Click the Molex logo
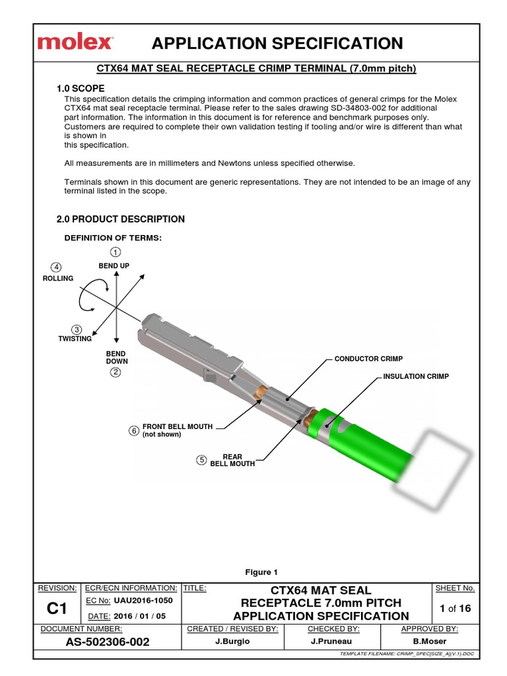coord(74,43)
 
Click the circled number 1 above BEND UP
coord(116,253)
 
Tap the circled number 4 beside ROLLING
coord(57,267)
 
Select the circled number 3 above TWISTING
coord(77,329)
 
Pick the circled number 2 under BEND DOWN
coord(116,372)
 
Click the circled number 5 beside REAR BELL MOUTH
coord(202,459)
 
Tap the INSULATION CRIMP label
coord(416,376)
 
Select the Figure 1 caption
coord(262,572)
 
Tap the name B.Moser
coord(430,642)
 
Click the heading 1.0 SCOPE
coord(81,88)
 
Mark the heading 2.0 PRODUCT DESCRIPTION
coord(121,219)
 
